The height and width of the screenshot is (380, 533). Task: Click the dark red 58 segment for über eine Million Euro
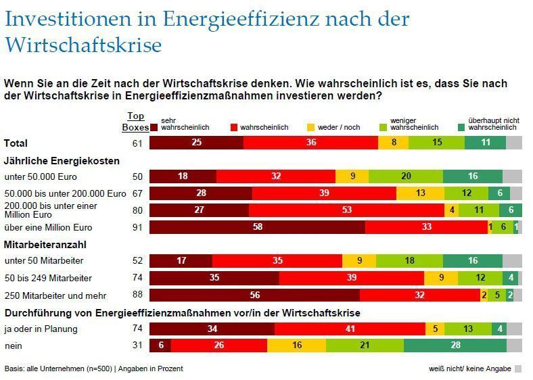(257, 227)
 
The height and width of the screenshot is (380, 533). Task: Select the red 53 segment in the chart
(346, 210)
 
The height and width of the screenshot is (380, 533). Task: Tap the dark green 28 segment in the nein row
(455, 346)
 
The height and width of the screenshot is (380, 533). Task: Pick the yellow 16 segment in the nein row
(296, 346)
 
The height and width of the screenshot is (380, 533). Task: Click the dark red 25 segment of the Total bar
(196, 143)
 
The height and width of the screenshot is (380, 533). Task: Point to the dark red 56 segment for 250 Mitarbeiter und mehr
(254, 295)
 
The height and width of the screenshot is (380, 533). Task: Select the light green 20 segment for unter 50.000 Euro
(406, 176)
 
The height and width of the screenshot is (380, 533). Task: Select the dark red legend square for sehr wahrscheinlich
(155, 127)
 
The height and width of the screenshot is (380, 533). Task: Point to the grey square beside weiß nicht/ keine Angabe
(518, 369)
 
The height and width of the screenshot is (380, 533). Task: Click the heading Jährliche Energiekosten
(62, 161)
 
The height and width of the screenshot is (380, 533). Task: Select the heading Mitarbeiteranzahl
(46, 245)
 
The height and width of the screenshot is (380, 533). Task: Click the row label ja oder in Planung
(41, 329)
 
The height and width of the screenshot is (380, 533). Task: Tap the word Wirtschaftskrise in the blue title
(83, 45)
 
